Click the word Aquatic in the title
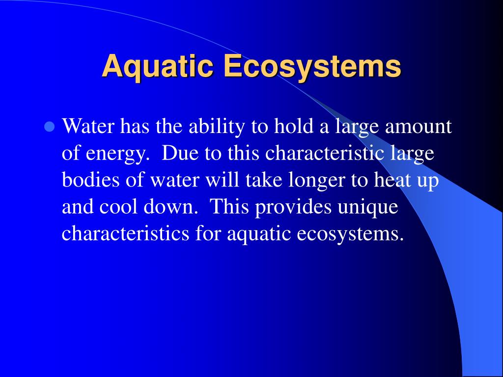[x=158, y=67]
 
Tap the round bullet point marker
[x=49, y=127]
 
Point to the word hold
[x=294, y=126]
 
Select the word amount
[x=418, y=127]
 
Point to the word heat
[x=391, y=180]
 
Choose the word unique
[x=367, y=208]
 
